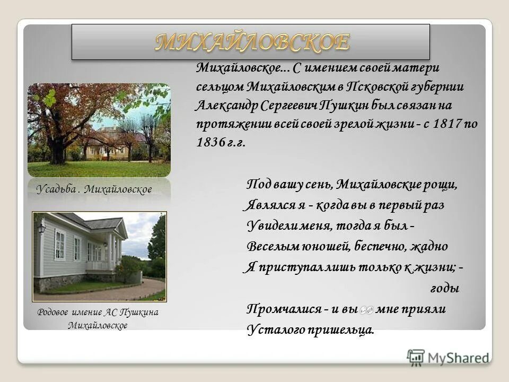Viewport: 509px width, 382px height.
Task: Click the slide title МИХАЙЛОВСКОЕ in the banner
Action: (x=252, y=42)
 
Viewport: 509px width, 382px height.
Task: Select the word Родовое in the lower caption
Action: (x=54, y=312)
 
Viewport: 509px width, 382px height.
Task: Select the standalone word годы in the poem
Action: (x=443, y=289)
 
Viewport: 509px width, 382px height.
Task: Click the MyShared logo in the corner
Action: (x=448, y=357)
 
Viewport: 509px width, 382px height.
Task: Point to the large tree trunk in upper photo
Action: (x=58, y=143)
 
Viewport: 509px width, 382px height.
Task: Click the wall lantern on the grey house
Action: (x=41, y=228)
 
